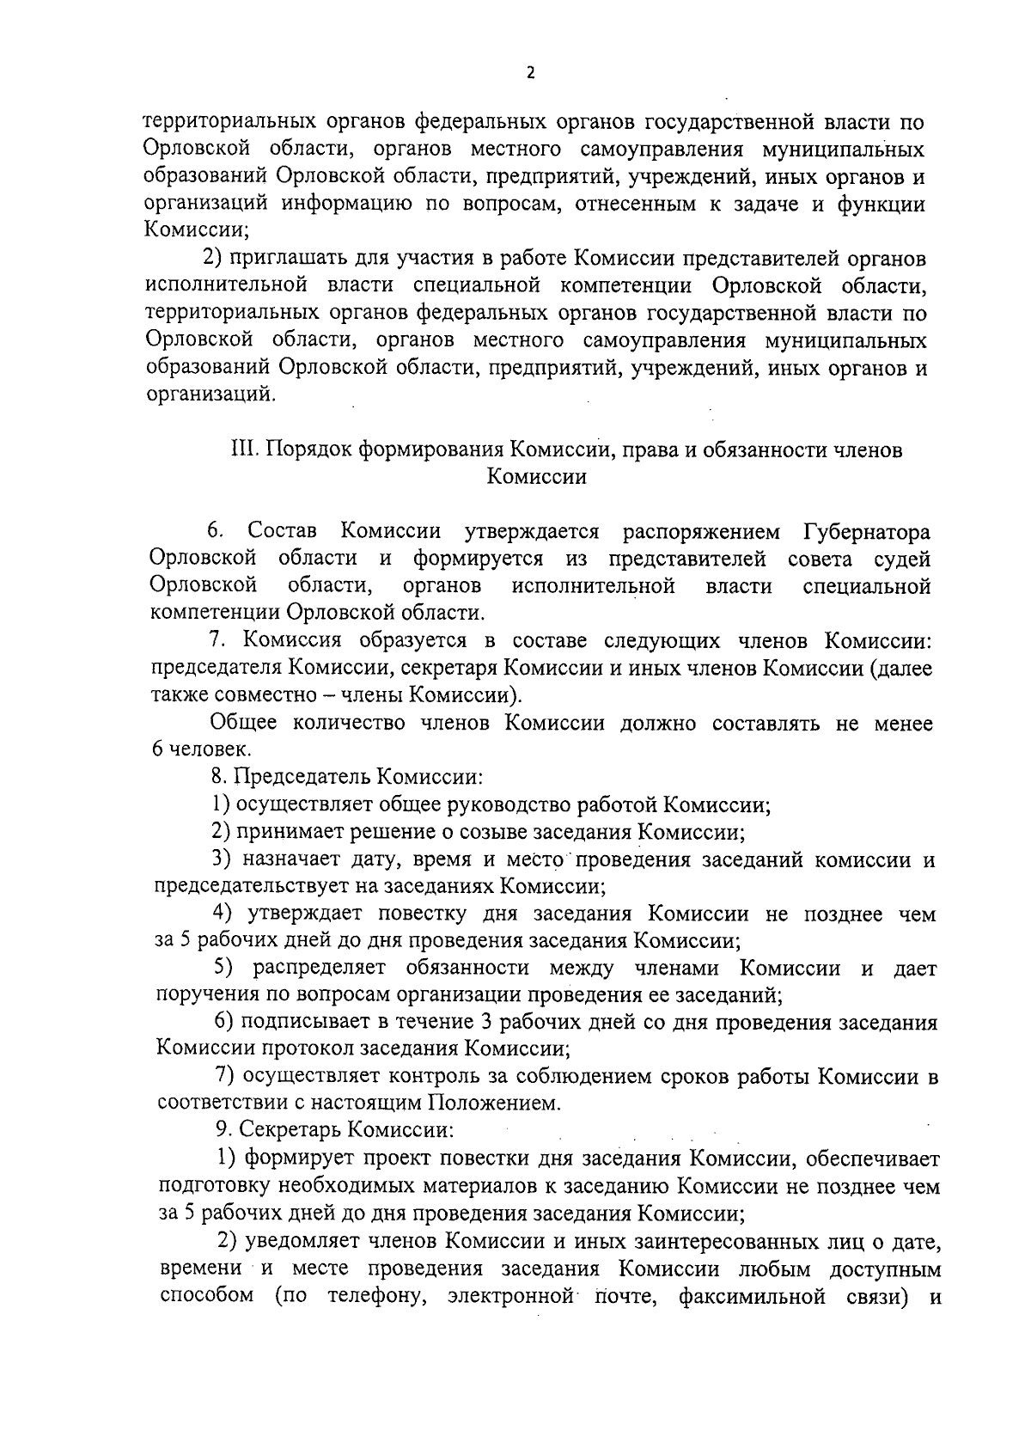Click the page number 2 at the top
(x=530, y=73)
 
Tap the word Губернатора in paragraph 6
(x=868, y=530)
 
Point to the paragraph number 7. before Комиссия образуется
(x=218, y=640)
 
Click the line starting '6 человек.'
(x=191, y=749)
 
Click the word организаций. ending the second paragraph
(x=211, y=395)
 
